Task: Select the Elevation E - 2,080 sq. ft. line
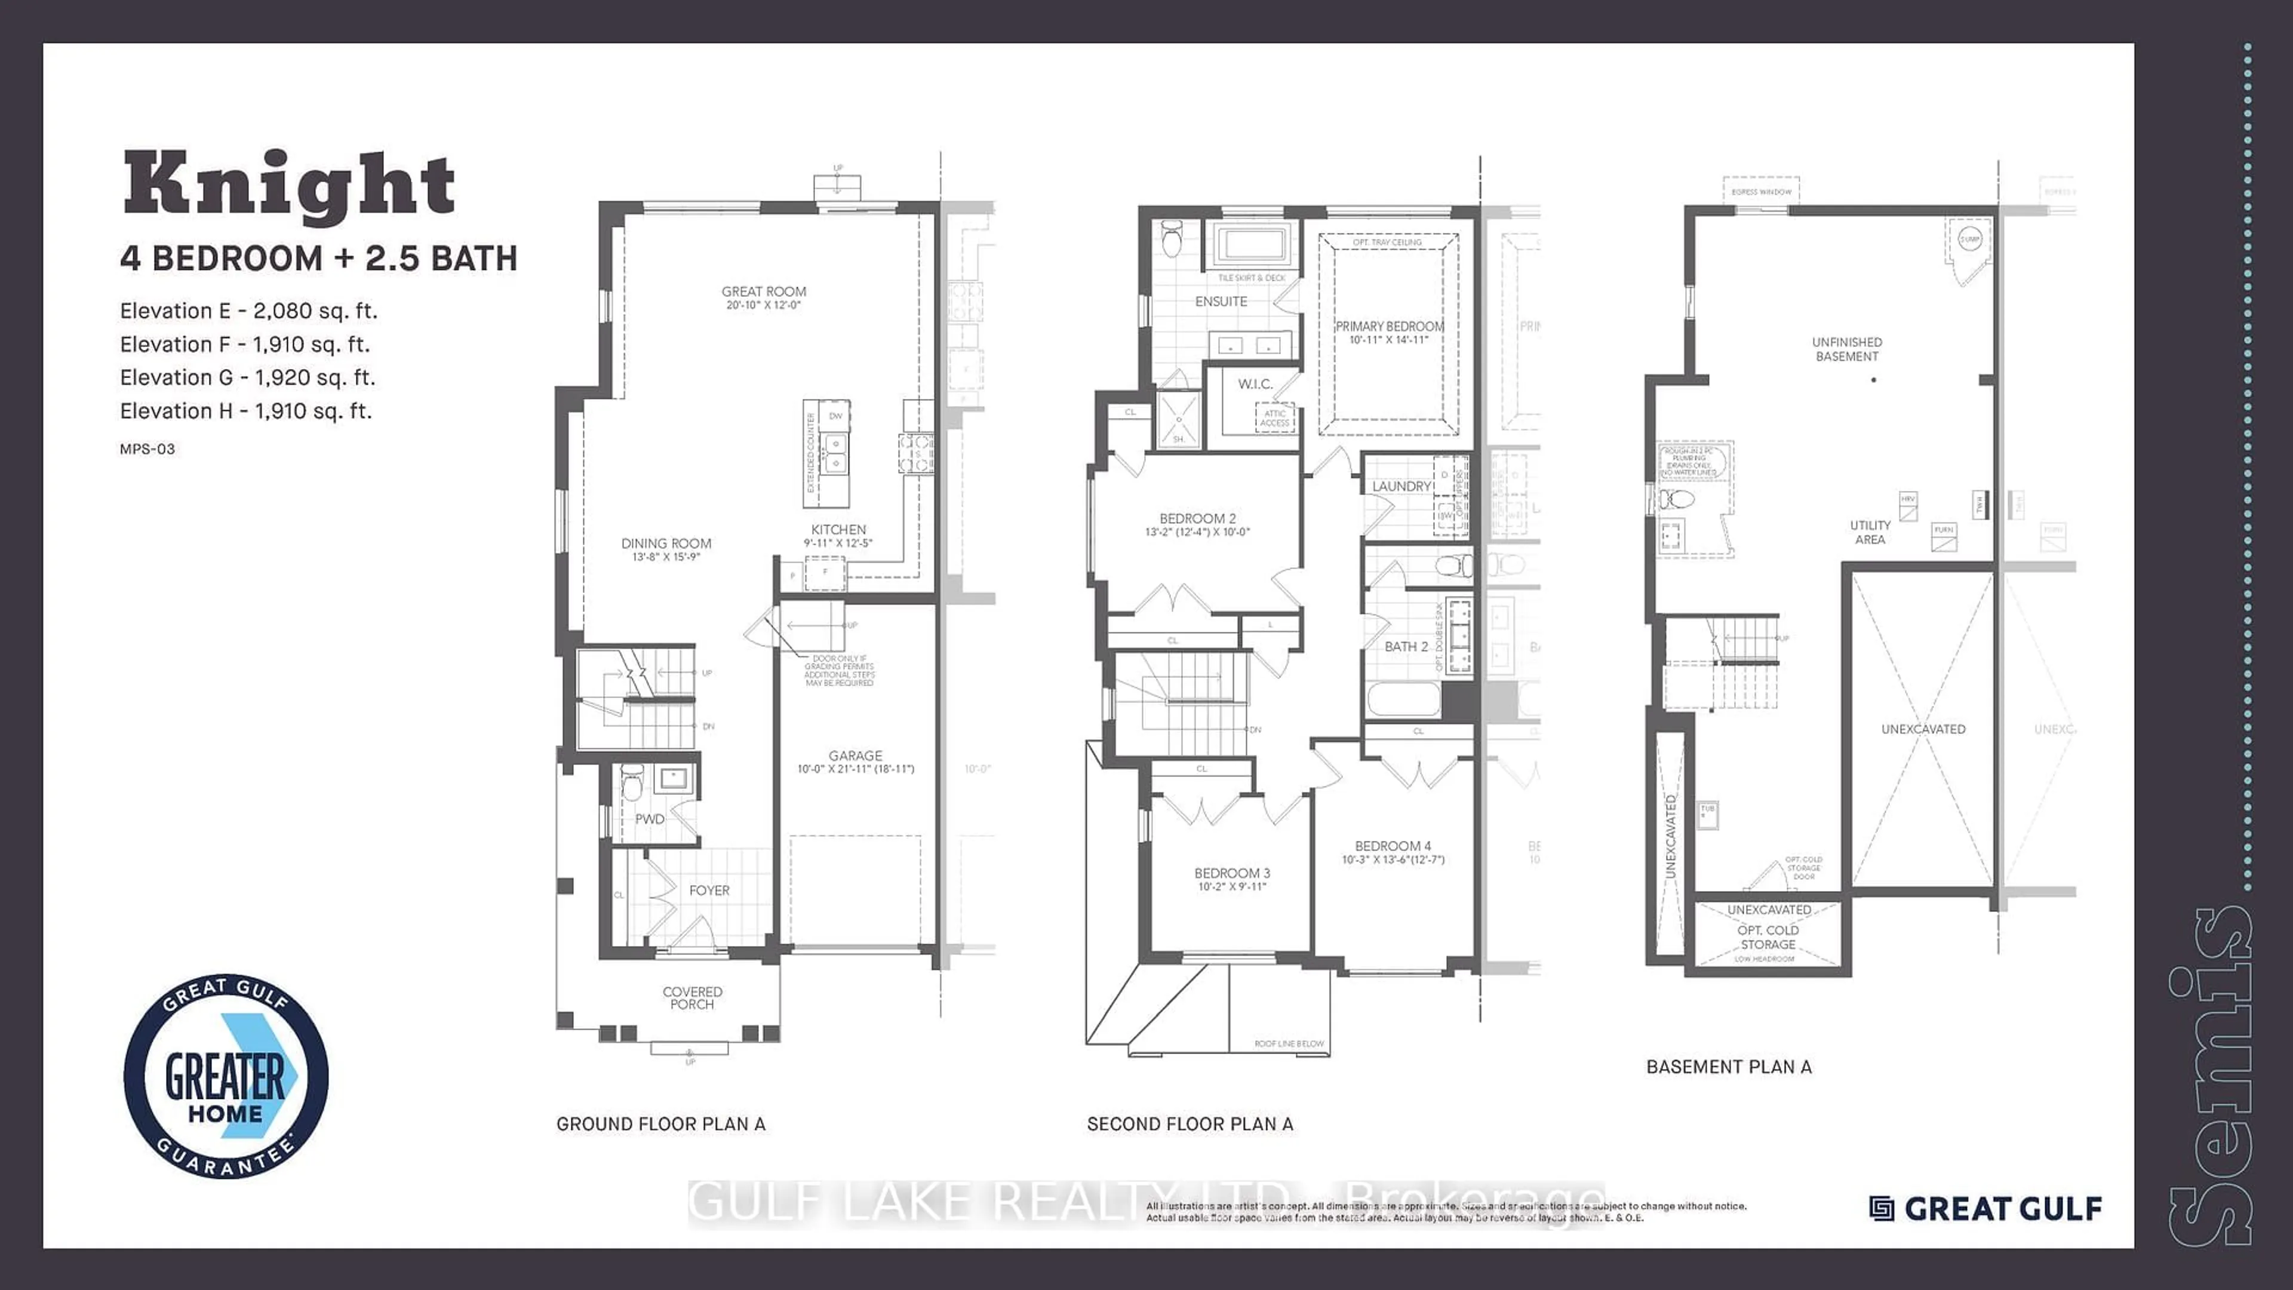pyautogui.click(x=249, y=311)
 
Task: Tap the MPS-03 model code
pyautogui.click(x=147, y=449)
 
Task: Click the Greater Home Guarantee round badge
pyautogui.click(x=226, y=1076)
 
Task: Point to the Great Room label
pyautogui.click(x=764, y=292)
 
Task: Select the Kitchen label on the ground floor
pyautogui.click(x=838, y=530)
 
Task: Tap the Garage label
pyautogui.click(x=856, y=756)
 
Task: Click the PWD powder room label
pyautogui.click(x=650, y=819)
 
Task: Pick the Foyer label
pyautogui.click(x=709, y=890)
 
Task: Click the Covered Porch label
pyautogui.click(x=693, y=998)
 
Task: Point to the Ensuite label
pyautogui.click(x=1221, y=302)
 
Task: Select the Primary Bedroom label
pyautogui.click(x=1390, y=327)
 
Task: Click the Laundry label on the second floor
pyautogui.click(x=1401, y=486)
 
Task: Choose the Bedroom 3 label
pyautogui.click(x=1232, y=873)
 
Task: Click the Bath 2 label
pyautogui.click(x=1406, y=646)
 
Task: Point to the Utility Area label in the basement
pyautogui.click(x=1870, y=532)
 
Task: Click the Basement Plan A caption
pyautogui.click(x=1729, y=1067)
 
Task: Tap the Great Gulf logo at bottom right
pyautogui.click(x=1986, y=1208)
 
